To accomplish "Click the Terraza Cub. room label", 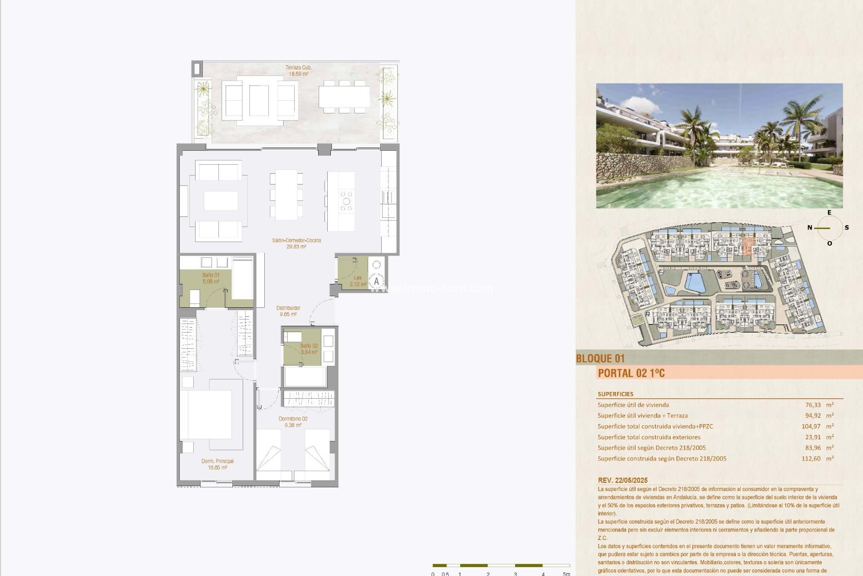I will point(298,71).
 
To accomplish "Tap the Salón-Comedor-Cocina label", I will point(296,243).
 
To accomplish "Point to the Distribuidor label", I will point(288,311).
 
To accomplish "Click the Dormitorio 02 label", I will point(293,422).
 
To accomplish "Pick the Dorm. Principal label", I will point(218,464).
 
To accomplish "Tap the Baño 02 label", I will point(309,349).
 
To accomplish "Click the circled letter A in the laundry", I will point(377,281).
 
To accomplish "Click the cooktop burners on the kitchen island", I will point(347,201).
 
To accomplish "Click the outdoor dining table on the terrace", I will point(344,97).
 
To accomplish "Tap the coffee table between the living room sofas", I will point(221,201).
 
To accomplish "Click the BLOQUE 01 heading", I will point(600,359).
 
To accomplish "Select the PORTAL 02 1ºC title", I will point(631,373).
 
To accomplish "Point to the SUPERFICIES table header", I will point(615,394).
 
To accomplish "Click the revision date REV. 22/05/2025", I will point(623,480).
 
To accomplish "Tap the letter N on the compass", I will point(810,228).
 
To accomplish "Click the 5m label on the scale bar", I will point(566,574).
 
